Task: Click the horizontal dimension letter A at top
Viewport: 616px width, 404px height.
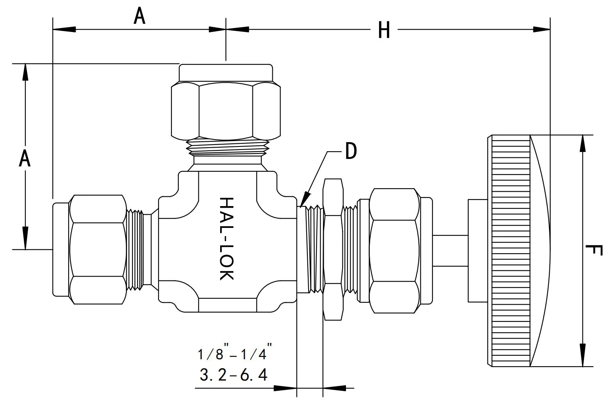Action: tap(139, 16)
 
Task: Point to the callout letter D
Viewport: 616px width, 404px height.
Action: tap(351, 151)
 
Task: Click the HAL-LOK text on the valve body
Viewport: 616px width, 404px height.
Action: tap(226, 238)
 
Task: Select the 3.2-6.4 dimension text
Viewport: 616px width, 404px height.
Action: tap(233, 375)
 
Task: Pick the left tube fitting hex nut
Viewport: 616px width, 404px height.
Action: tap(98, 249)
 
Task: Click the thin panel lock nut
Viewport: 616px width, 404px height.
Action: tap(334, 249)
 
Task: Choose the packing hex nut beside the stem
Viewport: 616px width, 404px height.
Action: tap(395, 251)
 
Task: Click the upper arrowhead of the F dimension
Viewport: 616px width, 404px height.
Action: tap(582, 144)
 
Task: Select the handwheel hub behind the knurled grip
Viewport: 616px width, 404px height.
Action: tap(478, 251)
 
